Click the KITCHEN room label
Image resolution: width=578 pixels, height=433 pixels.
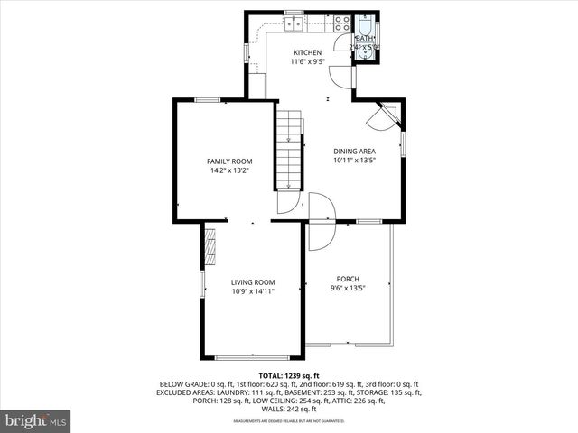point(306,52)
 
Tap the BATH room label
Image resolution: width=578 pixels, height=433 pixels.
point(365,39)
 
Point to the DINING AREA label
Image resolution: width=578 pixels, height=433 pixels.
point(355,151)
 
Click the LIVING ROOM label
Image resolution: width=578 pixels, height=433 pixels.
point(252,282)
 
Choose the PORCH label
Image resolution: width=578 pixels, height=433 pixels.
point(348,278)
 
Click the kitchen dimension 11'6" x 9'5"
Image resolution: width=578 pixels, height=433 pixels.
point(306,62)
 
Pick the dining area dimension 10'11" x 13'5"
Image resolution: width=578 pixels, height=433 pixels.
point(355,161)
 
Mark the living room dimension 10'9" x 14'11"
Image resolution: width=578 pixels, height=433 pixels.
point(252,291)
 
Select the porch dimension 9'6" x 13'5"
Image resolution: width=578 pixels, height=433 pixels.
point(348,288)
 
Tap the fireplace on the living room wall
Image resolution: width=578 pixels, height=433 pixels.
point(210,245)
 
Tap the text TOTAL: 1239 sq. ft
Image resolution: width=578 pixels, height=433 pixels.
point(289,375)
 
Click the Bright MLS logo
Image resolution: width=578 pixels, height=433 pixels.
point(35,420)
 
